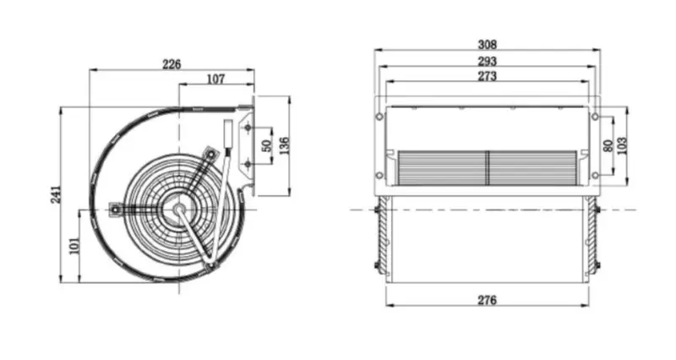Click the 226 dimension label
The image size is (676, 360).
click(x=172, y=64)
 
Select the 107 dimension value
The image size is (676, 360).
click(x=215, y=79)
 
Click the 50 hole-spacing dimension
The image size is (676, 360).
click(x=267, y=145)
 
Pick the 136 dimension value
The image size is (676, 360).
click(x=285, y=145)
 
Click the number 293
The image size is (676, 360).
click(x=487, y=61)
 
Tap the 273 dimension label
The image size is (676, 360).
click(x=487, y=76)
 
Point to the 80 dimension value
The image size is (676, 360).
click(x=607, y=145)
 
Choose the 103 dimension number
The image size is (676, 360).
click(x=624, y=145)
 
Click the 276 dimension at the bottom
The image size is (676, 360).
click(x=487, y=300)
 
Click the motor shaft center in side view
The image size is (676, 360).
click(x=180, y=205)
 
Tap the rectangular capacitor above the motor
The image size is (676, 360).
click(x=229, y=137)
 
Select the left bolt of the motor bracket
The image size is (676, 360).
click(x=115, y=205)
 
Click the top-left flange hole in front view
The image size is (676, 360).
click(x=379, y=115)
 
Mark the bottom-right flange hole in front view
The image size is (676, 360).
click(x=595, y=176)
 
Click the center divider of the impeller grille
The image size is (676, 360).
click(x=488, y=166)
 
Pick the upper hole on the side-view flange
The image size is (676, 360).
click(x=248, y=128)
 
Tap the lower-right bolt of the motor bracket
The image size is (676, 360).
click(x=212, y=265)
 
